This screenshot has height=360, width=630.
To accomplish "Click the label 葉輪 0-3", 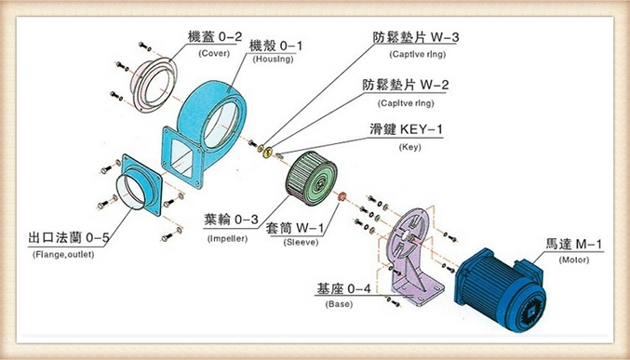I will (x=231, y=220).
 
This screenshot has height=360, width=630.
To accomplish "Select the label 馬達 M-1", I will (x=575, y=245).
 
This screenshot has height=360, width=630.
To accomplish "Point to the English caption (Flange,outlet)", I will (x=68, y=254).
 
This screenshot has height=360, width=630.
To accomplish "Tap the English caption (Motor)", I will (x=574, y=260).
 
